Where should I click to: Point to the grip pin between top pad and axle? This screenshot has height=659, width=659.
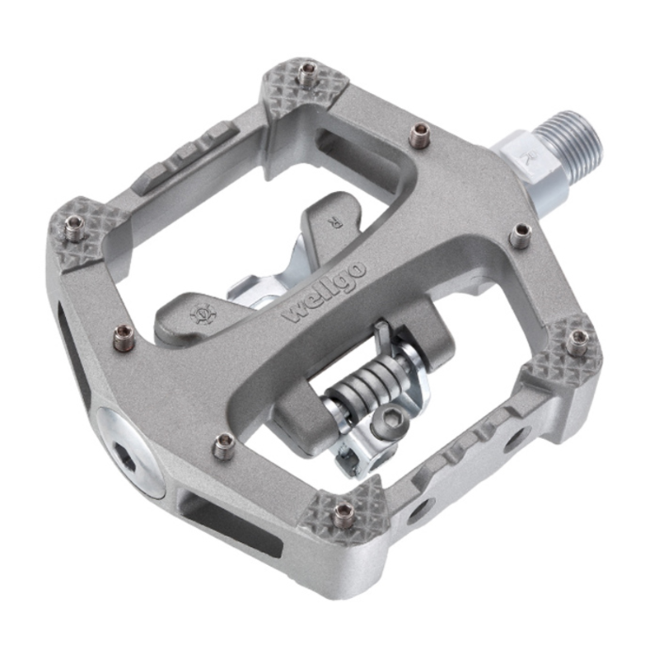pyautogui.click(x=421, y=132)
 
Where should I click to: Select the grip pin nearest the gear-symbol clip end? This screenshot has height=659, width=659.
pyautogui.click(x=124, y=334)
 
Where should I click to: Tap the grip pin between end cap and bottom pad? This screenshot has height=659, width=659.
pyautogui.click(x=223, y=447)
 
